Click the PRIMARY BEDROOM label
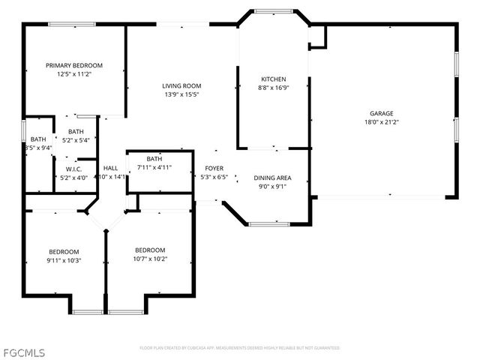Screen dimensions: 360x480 (x=73, y=65)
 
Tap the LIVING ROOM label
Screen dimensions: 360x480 (x=181, y=85)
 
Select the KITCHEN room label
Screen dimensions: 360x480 (x=273, y=79)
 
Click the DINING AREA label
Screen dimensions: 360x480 (x=272, y=178)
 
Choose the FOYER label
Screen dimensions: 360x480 (x=214, y=169)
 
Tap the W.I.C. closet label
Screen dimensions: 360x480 (x=73, y=169)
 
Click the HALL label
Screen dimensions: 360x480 (x=110, y=169)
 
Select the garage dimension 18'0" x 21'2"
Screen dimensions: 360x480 (x=381, y=121)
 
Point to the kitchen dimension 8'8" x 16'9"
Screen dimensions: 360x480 (x=273, y=88)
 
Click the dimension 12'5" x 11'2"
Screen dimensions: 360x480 (x=73, y=74)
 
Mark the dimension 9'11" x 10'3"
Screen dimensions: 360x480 (x=64, y=260)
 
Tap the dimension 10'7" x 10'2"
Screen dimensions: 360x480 (x=150, y=259)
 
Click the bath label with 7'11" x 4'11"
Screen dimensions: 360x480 (x=154, y=159)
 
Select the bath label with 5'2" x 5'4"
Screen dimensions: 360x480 (x=76, y=131)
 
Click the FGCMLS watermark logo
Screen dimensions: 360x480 (x=23, y=351)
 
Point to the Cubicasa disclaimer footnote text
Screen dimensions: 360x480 (x=239, y=348)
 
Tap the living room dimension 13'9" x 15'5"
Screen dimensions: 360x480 (x=181, y=94)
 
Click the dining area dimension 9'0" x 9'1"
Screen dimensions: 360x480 (x=272, y=187)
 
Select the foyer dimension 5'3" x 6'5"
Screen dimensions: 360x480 (x=214, y=177)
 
